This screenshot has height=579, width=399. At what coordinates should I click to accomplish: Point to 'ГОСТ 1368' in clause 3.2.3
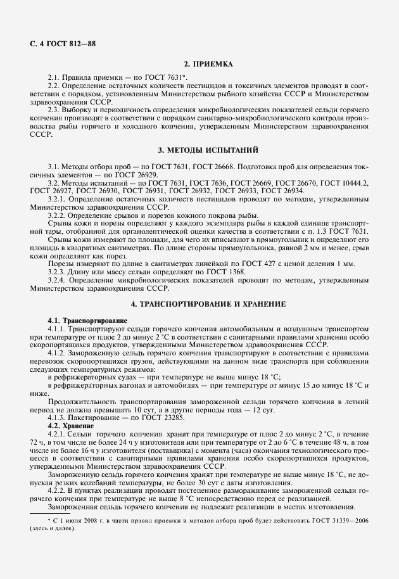[182, 271]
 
